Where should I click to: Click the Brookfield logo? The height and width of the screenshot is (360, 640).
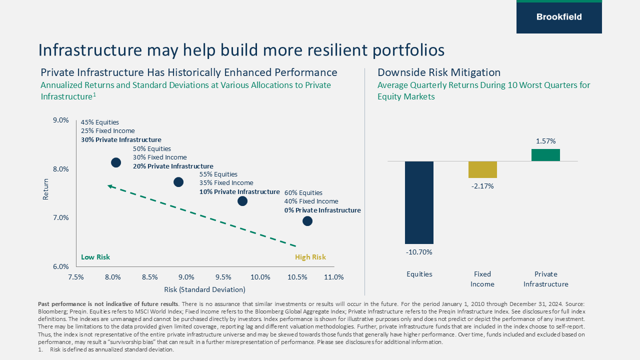point(559,17)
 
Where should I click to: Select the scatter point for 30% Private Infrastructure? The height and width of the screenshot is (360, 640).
point(116,162)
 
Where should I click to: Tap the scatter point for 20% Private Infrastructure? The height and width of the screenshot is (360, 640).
point(178,182)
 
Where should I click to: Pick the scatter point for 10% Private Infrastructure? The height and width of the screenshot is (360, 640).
point(242,201)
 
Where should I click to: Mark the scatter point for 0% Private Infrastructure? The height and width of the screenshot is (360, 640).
point(307,221)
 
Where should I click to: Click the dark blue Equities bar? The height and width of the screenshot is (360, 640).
point(419,202)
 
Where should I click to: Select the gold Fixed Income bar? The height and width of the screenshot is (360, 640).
point(482,169)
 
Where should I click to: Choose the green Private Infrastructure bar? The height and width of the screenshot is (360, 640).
point(545,155)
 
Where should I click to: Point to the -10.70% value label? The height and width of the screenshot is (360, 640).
point(419,252)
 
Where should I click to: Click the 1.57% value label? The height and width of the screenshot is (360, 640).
point(545,141)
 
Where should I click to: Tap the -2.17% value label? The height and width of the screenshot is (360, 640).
point(482,186)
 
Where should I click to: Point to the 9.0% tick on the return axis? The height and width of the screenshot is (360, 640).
point(60,120)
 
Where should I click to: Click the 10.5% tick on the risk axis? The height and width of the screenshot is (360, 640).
point(297,277)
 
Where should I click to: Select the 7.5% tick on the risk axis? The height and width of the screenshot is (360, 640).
point(76,277)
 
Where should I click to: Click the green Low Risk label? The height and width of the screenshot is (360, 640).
point(95,257)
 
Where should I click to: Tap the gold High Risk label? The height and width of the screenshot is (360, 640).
point(310,257)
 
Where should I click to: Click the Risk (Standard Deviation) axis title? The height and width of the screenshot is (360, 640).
point(204,289)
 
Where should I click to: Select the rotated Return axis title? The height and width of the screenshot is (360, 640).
point(46,189)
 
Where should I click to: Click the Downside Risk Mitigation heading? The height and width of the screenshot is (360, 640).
point(438,72)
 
